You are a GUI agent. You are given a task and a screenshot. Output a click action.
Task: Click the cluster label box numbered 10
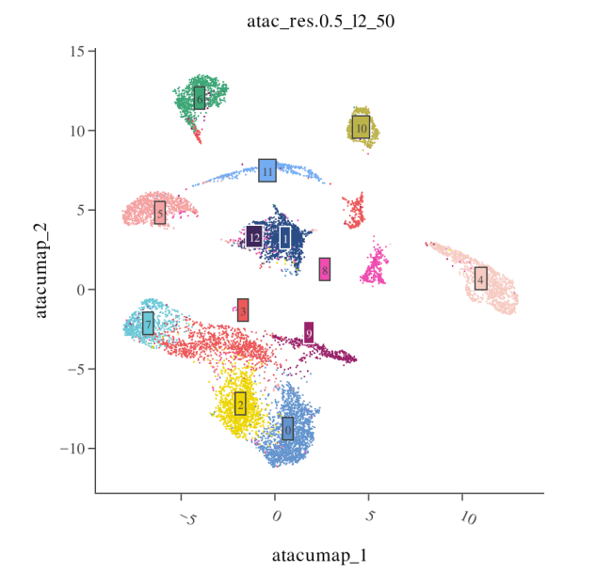pyautogui.click(x=361, y=127)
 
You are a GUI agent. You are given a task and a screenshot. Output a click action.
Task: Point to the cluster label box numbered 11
pyautogui.click(x=267, y=171)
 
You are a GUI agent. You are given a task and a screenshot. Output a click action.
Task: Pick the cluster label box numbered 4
pyautogui.click(x=481, y=278)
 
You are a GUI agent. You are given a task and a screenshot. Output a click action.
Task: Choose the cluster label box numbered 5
pyautogui.click(x=160, y=213)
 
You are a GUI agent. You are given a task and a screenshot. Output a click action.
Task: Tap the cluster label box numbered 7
pyautogui.click(x=148, y=324)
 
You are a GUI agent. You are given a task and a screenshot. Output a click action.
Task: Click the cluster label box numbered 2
pyautogui.click(x=240, y=404)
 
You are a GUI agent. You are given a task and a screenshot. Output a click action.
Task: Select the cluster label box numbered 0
pyautogui.click(x=287, y=429)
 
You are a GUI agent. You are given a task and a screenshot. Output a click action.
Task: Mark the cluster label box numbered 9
pyautogui.click(x=309, y=333)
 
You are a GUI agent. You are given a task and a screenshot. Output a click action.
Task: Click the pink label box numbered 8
pyautogui.click(x=325, y=269)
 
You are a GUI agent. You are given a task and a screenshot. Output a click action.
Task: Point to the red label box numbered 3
pyautogui.click(x=243, y=310)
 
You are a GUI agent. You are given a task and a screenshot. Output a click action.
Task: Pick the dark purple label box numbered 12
pyautogui.click(x=254, y=237)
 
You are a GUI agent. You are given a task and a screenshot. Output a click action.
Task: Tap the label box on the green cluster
pyautogui.click(x=200, y=98)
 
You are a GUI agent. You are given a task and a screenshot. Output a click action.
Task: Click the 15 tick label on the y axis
pyautogui.click(x=80, y=52)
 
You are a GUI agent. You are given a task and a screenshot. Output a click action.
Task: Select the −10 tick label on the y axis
pyautogui.click(x=74, y=449)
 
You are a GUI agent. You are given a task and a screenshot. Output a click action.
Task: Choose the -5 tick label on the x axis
pyautogui.click(x=188, y=519)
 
